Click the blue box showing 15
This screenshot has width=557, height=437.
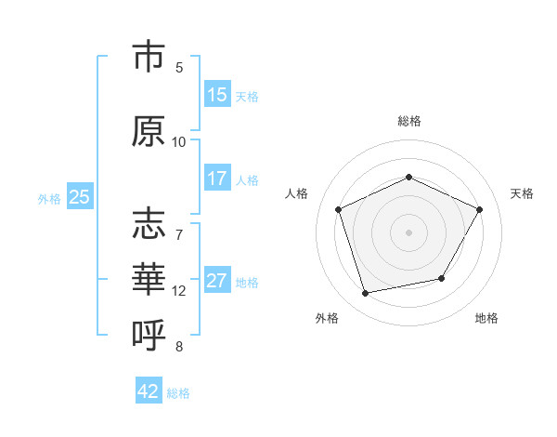(x=217, y=95)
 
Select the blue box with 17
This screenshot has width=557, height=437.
(x=217, y=179)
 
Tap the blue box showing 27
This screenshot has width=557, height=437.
(x=217, y=281)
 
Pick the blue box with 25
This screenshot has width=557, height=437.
(x=79, y=196)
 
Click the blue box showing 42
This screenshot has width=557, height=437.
(x=149, y=391)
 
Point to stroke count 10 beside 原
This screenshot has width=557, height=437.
(x=179, y=141)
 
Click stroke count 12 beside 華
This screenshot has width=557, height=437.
(x=179, y=291)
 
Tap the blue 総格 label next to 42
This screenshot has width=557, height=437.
(x=178, y=393)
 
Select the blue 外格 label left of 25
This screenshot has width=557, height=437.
(x=49, y=198)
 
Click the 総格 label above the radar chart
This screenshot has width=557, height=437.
(x=408, y=121)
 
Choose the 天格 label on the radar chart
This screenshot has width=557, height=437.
(x=522, y=193)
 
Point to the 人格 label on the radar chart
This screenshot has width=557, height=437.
(x=297, y=193)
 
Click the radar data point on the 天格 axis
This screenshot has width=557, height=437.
(x=480, y=209)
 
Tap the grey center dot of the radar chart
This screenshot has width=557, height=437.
(x=408, y=232)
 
